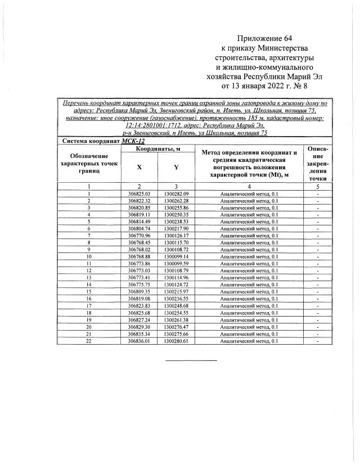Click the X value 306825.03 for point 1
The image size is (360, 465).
[x=139, y=194]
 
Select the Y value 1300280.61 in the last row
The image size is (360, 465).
[x=176, y=340]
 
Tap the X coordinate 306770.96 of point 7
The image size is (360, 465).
[x=139, y=236]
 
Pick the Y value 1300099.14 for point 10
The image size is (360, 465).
[x=176, y=256]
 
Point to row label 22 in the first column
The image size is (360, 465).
[x=89, y=340]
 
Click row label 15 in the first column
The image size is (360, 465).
[x=89, y=292]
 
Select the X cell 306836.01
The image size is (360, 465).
[x=139, y=340]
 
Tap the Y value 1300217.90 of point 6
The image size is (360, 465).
[x=176, y=228]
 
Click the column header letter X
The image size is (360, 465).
[x=139, y=167]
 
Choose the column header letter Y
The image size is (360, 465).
[x=176, y=167]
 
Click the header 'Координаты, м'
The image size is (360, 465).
[x=157, y=148]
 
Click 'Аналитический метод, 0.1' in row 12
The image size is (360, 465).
[x=249, y=270]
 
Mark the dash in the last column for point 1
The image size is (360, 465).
[x=318, y=194]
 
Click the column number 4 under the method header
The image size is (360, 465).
[x=249, y=186]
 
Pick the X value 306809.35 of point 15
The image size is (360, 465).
[x=139, y=292]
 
